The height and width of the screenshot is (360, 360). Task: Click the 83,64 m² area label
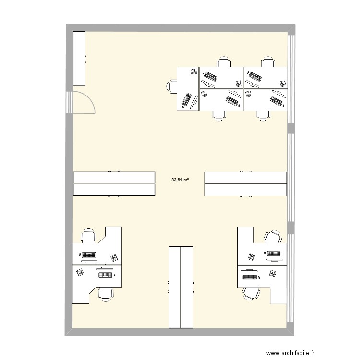tap(180, 180)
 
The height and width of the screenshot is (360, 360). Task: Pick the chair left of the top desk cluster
tap(172, 86)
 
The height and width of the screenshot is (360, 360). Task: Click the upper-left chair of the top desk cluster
tap(223, 61)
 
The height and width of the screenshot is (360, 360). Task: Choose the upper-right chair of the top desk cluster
tap(268, 61)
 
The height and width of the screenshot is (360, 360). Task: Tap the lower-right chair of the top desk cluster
tap(263, 115)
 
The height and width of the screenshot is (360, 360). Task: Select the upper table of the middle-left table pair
tap(114, 177)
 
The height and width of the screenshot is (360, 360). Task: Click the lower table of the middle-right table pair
tap(246, 190)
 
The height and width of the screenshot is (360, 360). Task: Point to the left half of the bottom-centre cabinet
tap(175, 287)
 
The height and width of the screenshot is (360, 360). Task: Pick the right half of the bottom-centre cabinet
tap(187, 287)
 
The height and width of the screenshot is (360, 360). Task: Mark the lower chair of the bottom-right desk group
tap(251, 293)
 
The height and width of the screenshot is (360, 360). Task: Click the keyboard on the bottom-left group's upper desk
tap(89, 255)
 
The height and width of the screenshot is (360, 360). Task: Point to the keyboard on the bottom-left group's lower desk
tap(106, 275)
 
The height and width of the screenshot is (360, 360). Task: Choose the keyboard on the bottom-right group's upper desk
tap(274, 253)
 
